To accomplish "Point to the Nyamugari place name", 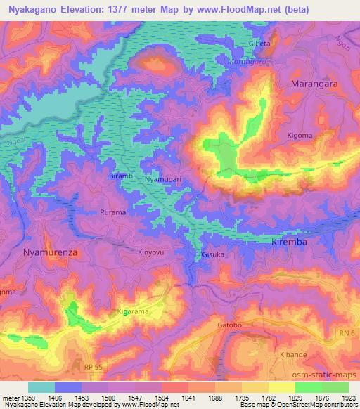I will click(163, 179).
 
